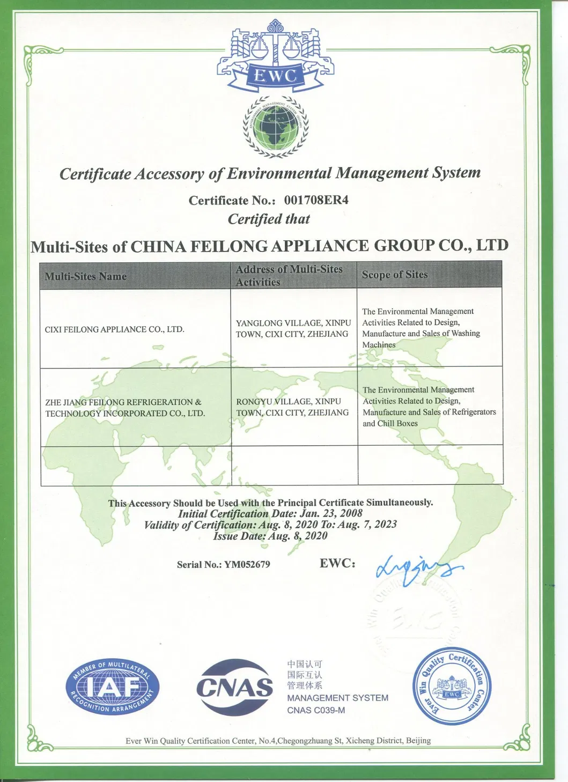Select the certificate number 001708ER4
(x=316, y=200)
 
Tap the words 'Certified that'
(x=269, y=219)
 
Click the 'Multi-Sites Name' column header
(x=86, y=276)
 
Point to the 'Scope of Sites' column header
(x=395, y=275)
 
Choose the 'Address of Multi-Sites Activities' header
(x=289, y=276)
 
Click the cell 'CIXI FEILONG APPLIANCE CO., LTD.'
(x=114, y=329)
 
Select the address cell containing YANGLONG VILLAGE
(x=293, y=328)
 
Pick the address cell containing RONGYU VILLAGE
(x=292, y=407)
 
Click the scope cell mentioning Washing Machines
(x=421, y=328)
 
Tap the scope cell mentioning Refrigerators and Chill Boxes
(x=429, y=407)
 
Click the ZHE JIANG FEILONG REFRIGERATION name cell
(x=124, y=408)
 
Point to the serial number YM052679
(x=247, y=564)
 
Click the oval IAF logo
(x=113, y=687)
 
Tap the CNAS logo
(x=234, y=687)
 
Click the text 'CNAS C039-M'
(x=316, y=710)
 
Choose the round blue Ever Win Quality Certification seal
(x=452, y=687)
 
